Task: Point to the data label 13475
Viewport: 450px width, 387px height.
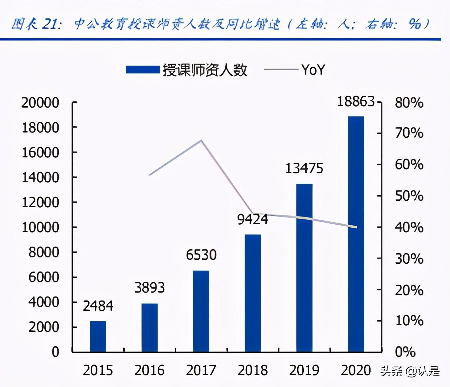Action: pos(304,169)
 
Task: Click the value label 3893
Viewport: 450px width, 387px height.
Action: pos(150,288)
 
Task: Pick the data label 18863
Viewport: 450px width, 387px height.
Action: pos(356,102)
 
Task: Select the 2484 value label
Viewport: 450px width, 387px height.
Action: pos(98,306)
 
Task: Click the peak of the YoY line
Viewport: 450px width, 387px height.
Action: pos(201,141)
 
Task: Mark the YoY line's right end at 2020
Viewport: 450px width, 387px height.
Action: pos(356,227)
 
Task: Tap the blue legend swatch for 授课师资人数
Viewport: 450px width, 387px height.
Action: pos(143,70)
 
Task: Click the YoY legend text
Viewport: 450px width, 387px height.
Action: pos(313,70)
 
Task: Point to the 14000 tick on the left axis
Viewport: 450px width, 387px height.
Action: pos(40,177)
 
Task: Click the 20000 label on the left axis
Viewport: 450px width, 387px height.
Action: pos(40,103)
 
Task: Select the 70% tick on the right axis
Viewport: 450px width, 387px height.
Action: pos(409,133)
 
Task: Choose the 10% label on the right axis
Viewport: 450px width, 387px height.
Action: pos(409,320)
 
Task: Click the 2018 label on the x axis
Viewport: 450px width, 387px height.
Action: pos(253,370)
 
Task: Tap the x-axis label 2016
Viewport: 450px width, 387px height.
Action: pos(150,370)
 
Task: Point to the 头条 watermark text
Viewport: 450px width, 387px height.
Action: pos(391,371)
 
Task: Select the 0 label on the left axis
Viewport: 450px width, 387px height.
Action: pos(55,352)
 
